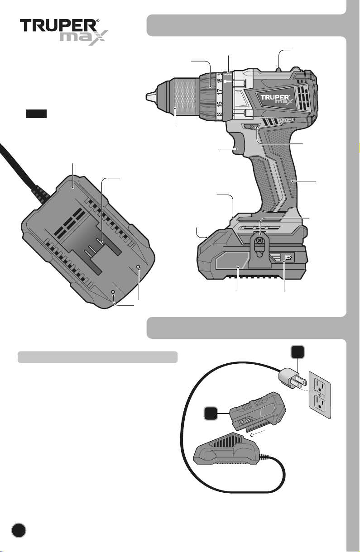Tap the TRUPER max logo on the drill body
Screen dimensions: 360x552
277,99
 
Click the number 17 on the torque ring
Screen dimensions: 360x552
220,92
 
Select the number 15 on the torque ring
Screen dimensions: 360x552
220,104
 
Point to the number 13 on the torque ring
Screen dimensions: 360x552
220,114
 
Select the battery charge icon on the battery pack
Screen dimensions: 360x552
288,258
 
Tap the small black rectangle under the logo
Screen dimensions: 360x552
36,114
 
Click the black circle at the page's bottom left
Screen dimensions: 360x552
19,530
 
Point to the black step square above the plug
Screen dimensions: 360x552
298,352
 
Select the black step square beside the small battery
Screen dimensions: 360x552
211,413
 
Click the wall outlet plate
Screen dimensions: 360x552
320,395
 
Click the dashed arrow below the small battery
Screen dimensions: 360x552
257,433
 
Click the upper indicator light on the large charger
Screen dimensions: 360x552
138,267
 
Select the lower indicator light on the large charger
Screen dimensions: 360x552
113,292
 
